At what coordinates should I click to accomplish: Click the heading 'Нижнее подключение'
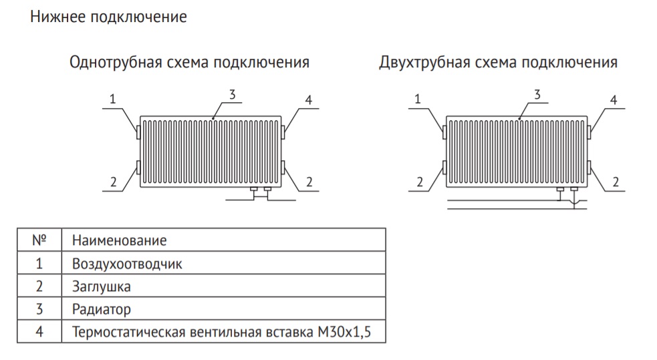pos(108,17)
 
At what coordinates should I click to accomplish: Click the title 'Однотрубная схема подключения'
pos(189,62)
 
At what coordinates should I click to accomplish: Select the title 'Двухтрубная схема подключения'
pos(498,62)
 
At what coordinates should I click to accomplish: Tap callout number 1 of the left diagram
pos(112,100)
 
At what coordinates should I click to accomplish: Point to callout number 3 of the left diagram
pos(232,95)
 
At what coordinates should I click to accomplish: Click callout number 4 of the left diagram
pos(309,100)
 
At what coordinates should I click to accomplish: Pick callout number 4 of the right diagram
pos(614,100)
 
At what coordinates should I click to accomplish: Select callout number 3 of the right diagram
pos(537,95)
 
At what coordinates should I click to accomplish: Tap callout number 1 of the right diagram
pos(417,100)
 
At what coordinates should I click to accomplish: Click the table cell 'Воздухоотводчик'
pos(127,264)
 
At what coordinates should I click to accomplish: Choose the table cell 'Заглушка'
pos(102,287)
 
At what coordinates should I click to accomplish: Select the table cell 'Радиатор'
pos(102,309)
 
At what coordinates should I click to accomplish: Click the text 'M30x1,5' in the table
pos(344,332)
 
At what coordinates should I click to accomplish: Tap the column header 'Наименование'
pos(120,240)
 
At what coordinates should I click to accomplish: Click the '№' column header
pos(39,240)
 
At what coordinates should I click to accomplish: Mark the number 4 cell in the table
pos(39,332)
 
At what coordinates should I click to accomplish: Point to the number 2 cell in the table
pos(39,287)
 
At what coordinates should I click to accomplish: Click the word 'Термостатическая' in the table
pos(128,332)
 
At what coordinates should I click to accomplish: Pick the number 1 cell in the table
pos(39,264)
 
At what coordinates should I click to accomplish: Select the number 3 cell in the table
pos(39,309)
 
